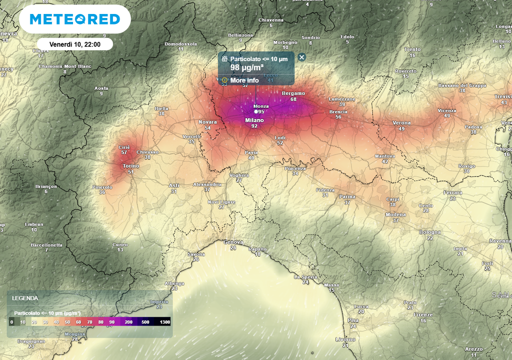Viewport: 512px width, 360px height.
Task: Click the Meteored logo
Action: click(x=75, y=19)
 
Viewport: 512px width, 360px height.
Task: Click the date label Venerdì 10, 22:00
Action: click(x=75, y=44)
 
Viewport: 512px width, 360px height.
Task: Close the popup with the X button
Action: click(x=301, y=57)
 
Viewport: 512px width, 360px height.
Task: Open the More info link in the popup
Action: click(x=244, y=80)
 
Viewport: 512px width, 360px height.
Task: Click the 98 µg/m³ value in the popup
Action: click(x=247, y=68)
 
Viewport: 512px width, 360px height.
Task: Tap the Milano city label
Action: click(x=254, y=120)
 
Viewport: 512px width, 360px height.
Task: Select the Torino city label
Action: click(x=131, y=166)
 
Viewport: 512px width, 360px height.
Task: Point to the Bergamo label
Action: click(x=293, y=93)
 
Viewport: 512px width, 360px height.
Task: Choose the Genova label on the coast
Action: click(x=233, y=242)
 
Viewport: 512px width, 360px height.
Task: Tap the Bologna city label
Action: click(x=430, y=232)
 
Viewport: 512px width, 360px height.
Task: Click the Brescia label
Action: click(x=338, y=112)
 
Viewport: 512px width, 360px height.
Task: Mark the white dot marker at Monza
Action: click(x=256, y=111)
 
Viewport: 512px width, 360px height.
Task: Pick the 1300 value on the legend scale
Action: click(x=165, y=322)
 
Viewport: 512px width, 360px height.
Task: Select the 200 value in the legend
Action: click(x=128, y=322)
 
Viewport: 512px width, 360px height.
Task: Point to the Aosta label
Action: click(x=101, y=88)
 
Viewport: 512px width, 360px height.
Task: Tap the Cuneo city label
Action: click(x=120, y=244)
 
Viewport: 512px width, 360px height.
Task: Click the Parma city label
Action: click(x=347, y=197)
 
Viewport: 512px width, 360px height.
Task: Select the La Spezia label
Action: click(x=305, y=276)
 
